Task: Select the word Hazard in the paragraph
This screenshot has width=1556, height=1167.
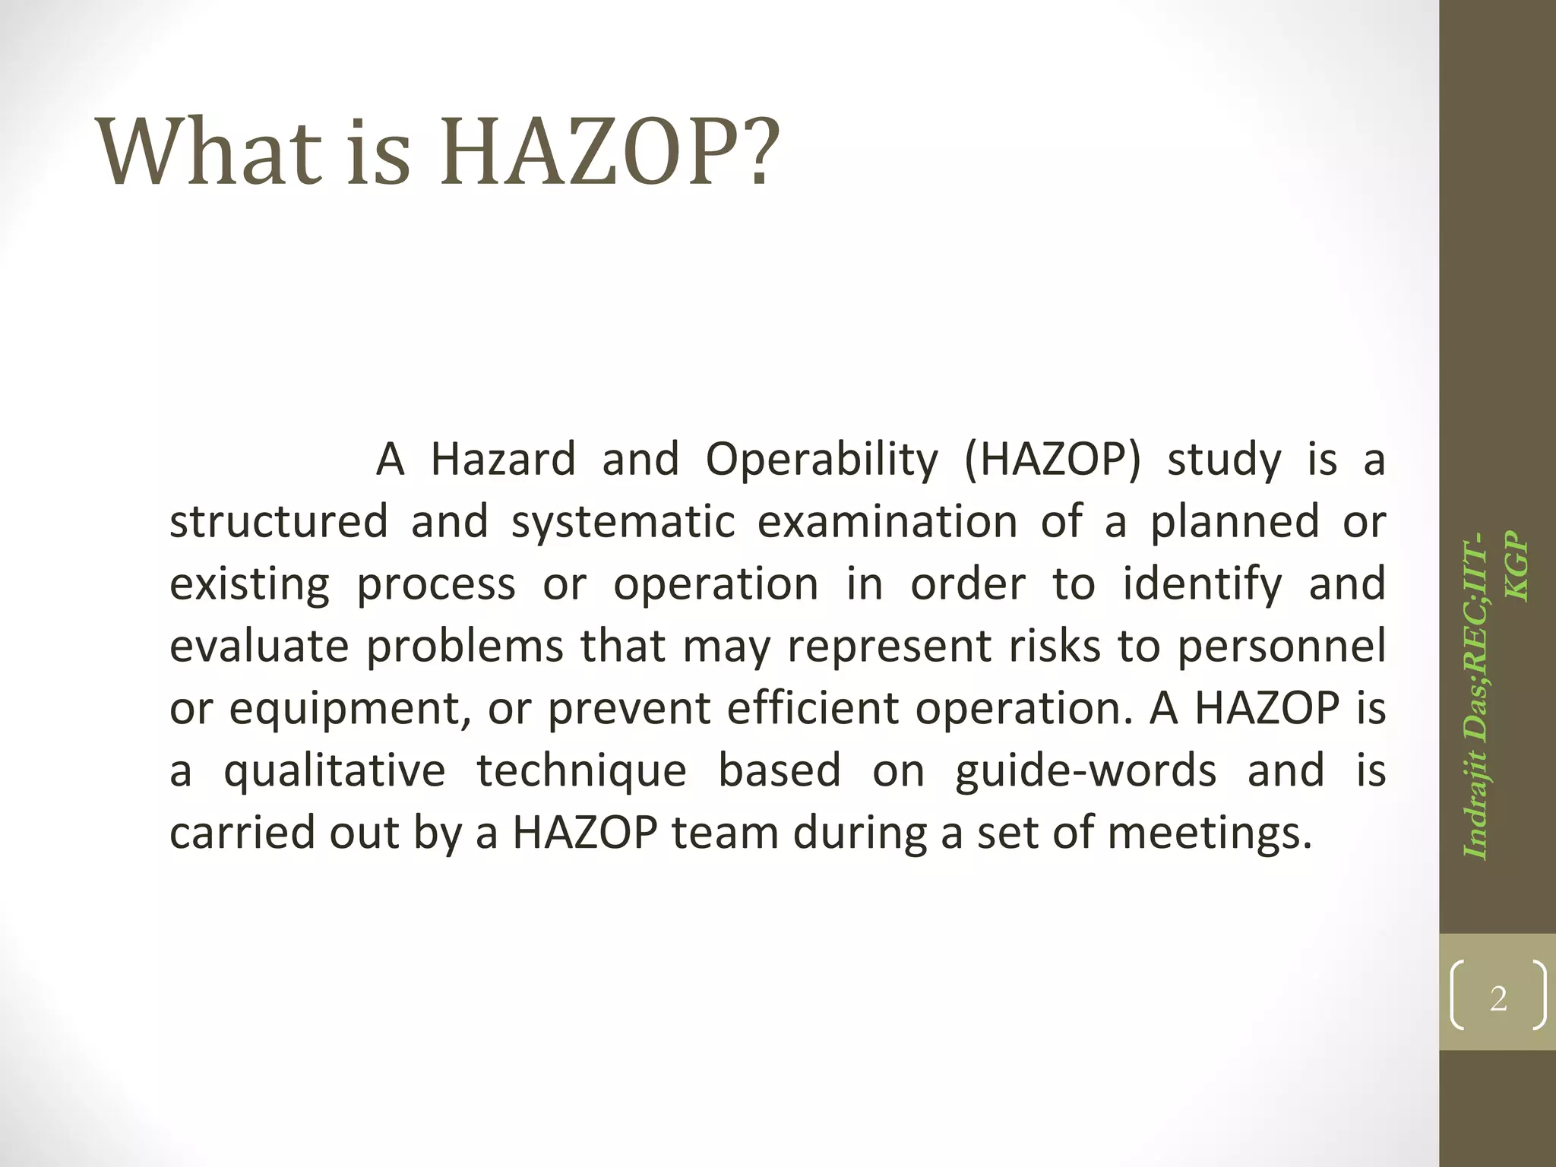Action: click(503, 460)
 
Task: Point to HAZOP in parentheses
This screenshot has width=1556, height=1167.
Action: click(1052, 460)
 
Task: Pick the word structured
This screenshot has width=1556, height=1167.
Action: click(278, 522)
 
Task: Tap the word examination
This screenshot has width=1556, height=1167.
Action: click(887, 522)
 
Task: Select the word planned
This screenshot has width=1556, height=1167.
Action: click(1234, 523)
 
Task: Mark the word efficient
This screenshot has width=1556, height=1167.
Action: click(808, 709)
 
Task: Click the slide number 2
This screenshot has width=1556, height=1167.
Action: click(1497, 998)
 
